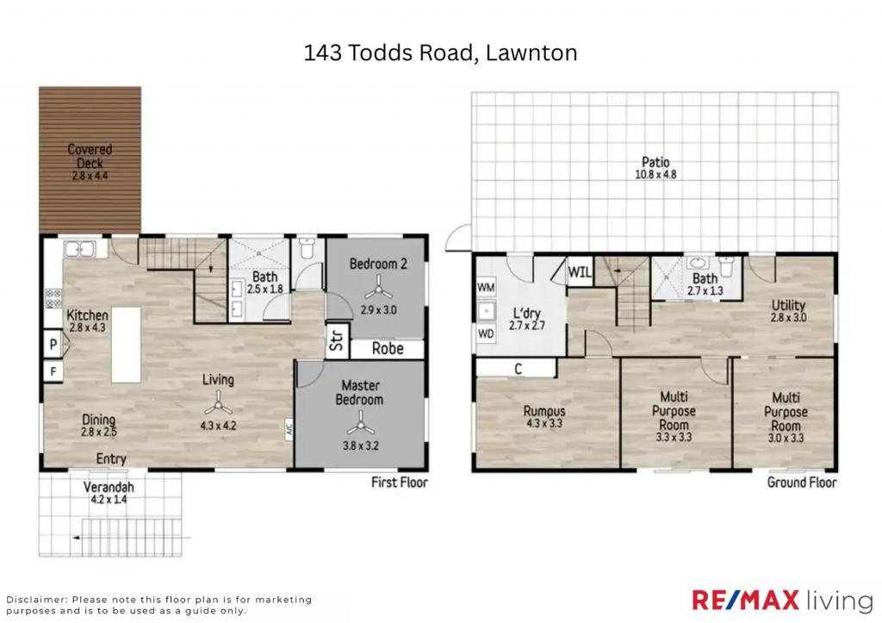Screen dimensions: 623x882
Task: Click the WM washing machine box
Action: (486, 286)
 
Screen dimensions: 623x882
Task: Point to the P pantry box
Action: (53, 346)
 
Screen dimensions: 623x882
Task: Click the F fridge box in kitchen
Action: (53, 372)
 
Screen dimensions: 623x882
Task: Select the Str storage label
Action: (333, 343)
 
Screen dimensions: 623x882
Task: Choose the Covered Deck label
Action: (90, 156)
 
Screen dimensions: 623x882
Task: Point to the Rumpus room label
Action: (544, 412)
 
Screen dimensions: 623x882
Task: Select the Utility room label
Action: (787, 305)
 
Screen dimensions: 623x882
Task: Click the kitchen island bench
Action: (126, 345)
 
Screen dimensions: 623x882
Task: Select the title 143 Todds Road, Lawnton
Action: (440, 53)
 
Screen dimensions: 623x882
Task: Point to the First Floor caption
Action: (399, 483)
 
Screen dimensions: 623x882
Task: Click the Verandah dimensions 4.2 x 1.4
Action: (107, 499)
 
